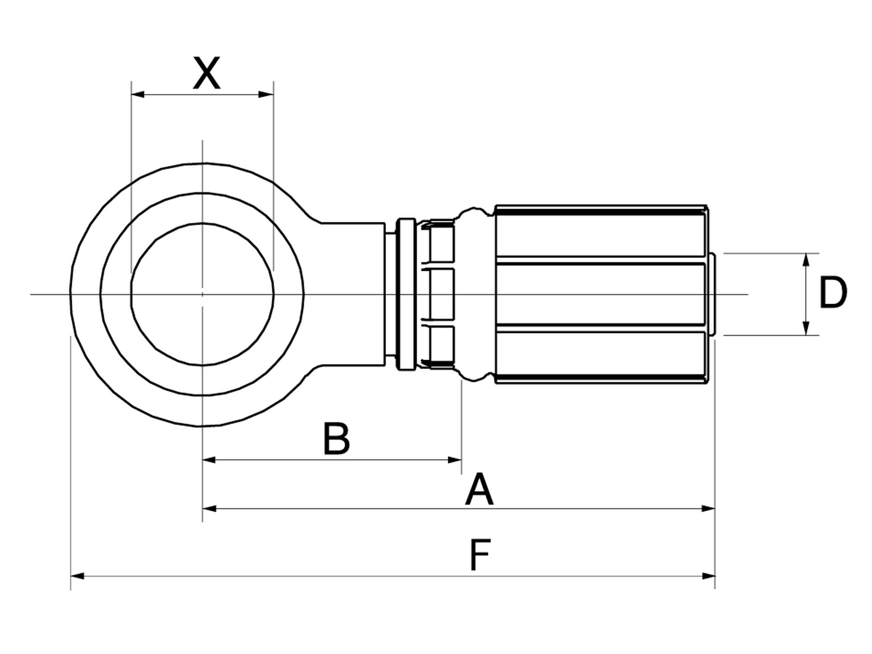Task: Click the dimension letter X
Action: point(206,73)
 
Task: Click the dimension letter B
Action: point(336,438)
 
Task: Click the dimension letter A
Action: point(479,489)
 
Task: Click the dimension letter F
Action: point(480,555)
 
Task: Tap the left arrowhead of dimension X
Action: point(137,94)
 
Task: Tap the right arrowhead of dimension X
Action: point(266,94)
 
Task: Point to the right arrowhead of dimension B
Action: point(455,460)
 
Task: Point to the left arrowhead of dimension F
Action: point(77,576)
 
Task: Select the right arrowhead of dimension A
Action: point(708,508)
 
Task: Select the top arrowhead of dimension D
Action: point(806,260)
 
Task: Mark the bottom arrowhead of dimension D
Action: point(806,328)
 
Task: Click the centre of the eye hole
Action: point(202,294)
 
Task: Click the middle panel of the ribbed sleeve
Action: point(600,294)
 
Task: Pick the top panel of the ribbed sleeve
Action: point(600,235)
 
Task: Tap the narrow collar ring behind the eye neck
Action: point(406,294)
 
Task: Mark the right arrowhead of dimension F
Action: point(708,576)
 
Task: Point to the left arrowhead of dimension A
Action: point(209,508)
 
